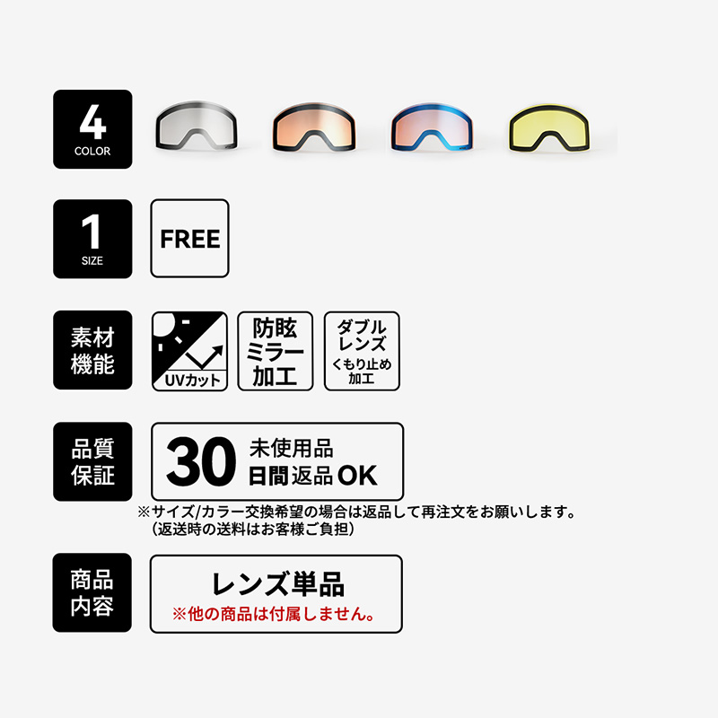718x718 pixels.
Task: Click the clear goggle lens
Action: [195, 128]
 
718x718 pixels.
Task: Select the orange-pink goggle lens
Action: [311, 128]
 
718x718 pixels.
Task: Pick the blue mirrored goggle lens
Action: [429, 128]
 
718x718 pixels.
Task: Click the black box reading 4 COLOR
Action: [92, 129]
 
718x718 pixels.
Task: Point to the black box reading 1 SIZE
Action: [92, 239]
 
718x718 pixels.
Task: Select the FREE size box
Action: [189, 239]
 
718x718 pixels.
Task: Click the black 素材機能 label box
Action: [92, 351]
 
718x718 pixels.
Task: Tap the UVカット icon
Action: [189, 351]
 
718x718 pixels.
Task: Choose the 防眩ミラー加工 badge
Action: [276, 351]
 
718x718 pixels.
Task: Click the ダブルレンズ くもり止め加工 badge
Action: [361, 351]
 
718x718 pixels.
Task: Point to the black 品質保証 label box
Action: [92, 461]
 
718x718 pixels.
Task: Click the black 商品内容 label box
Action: [92, 593]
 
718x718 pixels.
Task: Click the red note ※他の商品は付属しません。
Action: [275, 616]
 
